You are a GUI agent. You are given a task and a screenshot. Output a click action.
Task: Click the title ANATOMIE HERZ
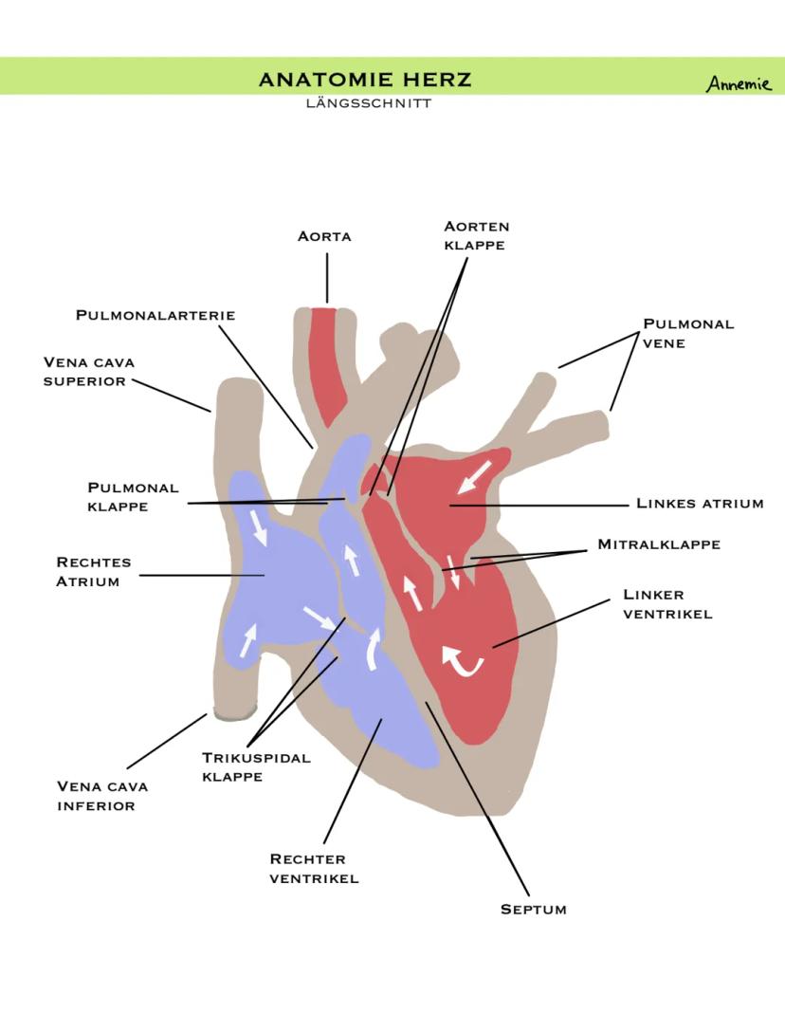(x=365, y=80)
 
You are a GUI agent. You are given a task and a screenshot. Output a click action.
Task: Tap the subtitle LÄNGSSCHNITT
(x=368, y=102)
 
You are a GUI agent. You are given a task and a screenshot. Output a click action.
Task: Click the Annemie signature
(x=739, y=83)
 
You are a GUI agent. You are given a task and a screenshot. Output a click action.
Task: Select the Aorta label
(x=324, y=236)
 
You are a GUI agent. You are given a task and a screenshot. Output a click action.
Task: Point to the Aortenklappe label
(x=476, y=235)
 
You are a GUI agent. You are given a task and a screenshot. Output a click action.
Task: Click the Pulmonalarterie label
(x=155, y=315)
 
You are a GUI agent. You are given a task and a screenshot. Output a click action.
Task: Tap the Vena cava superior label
(x=89, y=371)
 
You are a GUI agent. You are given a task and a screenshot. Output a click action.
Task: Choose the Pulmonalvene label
(x=688, y=333)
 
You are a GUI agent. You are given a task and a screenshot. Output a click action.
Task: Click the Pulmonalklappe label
(x=133, y=497)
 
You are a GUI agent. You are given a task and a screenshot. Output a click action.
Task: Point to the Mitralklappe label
(x=659, y=544)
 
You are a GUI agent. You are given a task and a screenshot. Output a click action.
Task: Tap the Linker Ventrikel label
(x=666, y=604)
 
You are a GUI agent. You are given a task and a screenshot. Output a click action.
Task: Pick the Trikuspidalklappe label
(x=256, y=766)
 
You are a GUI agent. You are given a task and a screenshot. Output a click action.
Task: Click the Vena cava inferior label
(x=102, y=796)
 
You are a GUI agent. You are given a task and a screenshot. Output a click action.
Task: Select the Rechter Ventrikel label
(x=314, y=868)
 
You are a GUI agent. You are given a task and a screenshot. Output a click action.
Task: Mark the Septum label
(x=534, y=910)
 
